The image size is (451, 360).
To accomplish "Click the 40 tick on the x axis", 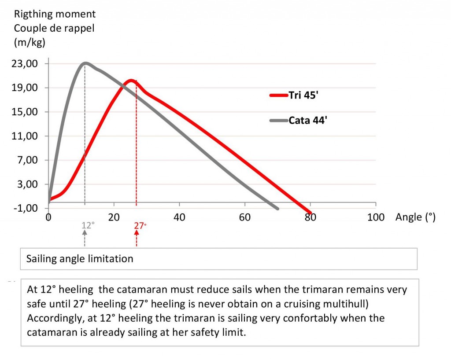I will [179, 217].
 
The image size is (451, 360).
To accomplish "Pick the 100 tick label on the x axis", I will [375, 217].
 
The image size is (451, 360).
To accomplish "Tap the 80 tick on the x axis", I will [311, 217].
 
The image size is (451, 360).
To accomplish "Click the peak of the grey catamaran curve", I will [85, 63].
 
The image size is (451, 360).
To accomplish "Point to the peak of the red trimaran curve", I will [130, 81].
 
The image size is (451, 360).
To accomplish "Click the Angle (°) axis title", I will [415, 217].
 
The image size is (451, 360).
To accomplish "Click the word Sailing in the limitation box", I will [41, 258].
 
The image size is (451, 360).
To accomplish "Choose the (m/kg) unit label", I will [30, 43].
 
